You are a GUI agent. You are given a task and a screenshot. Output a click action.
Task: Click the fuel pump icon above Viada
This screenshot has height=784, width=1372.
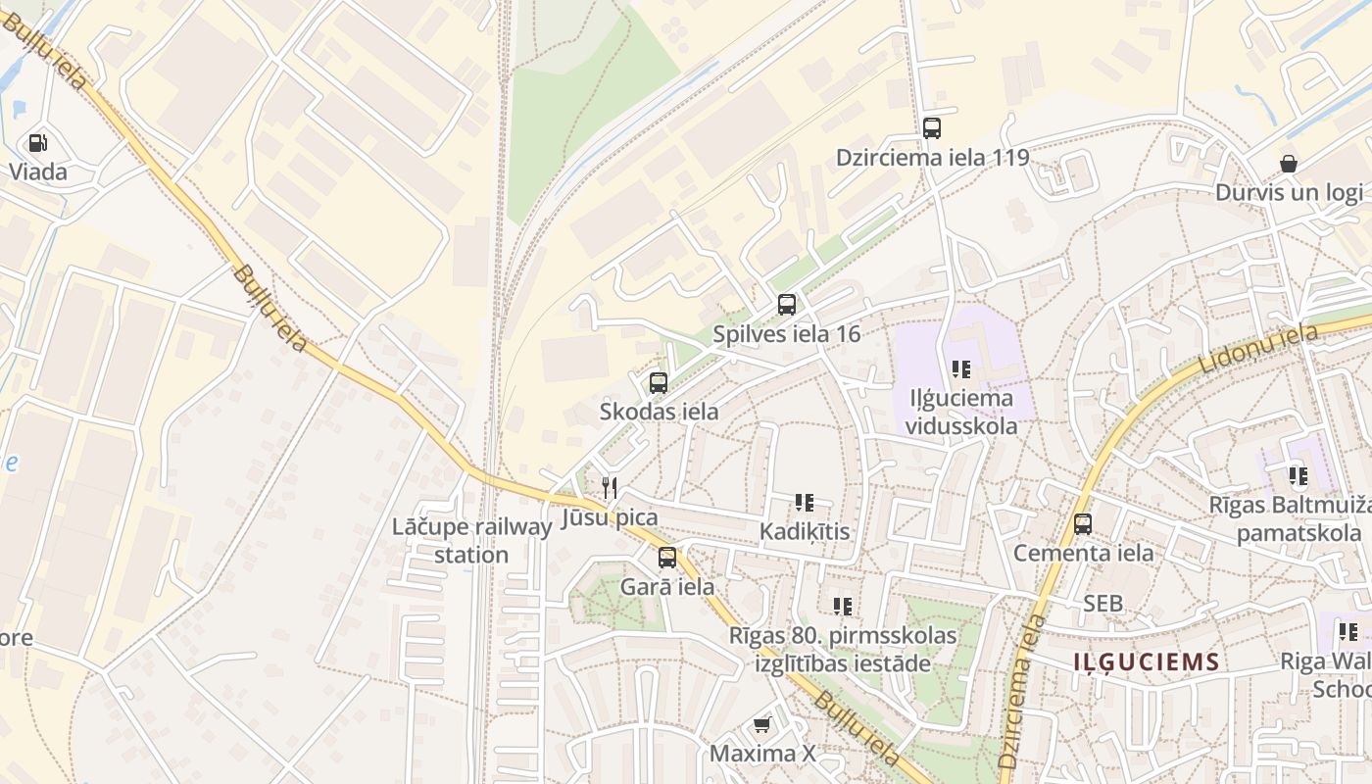[x=38, y=143]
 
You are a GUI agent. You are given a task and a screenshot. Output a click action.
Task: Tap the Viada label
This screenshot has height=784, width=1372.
[x=38, y=172]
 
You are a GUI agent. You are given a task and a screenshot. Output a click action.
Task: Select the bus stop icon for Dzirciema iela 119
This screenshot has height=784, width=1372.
[x=932, y=127]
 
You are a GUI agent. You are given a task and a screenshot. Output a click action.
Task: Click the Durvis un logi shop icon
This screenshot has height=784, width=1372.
[x=1289, y=163]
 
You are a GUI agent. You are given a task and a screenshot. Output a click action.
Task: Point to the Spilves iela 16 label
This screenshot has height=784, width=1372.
[x=786, y=334]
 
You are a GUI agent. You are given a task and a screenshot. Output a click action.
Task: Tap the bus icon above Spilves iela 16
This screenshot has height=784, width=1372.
[x=787, y=304]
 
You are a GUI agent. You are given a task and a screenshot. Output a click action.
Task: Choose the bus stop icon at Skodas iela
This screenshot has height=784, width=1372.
[x=659, y=382]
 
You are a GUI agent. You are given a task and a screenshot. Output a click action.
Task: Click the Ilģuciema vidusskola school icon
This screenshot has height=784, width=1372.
[x=961, y=369]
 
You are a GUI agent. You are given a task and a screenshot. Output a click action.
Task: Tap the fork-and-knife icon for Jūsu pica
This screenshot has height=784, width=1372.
[x=610, y=487]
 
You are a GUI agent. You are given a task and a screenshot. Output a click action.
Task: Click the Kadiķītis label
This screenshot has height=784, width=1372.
[x=805, y=532]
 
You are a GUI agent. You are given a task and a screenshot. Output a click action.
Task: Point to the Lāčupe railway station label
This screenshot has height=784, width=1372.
[x=471, y=541]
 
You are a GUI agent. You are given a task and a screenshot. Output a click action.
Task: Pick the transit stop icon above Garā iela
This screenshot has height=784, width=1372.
[x=667, y=558]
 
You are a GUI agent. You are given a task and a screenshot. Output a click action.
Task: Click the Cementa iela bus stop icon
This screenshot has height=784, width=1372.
[x=1083, y=523]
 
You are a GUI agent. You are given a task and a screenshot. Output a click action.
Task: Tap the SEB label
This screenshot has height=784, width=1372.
[x=1102, y=604]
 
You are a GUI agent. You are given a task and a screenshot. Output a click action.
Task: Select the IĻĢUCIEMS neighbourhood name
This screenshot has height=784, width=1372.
[x=1146, y=661]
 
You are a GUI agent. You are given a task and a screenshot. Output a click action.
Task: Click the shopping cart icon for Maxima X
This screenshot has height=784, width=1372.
[x=761, y=724]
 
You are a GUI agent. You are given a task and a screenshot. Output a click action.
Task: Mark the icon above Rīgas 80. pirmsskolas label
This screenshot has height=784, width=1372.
[x=843, y=607]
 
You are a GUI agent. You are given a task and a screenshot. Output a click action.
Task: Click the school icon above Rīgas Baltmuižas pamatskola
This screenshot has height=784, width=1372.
[x=1298, y=477]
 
